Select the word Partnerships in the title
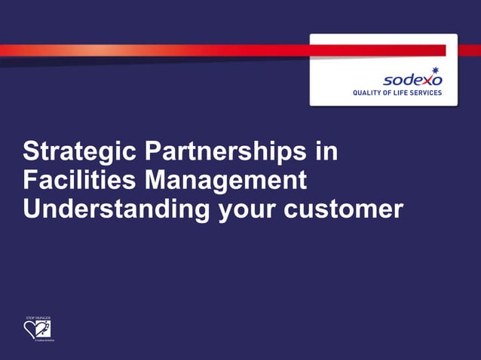tap(225, 152)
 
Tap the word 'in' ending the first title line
tap(326, 152)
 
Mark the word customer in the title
tap(344, 210)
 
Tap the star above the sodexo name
tap(435, 69)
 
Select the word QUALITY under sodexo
tap(370, 93)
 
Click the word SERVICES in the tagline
tap(430, 93)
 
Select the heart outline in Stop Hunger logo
tap(33, 330)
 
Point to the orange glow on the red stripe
tap(98, 50)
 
